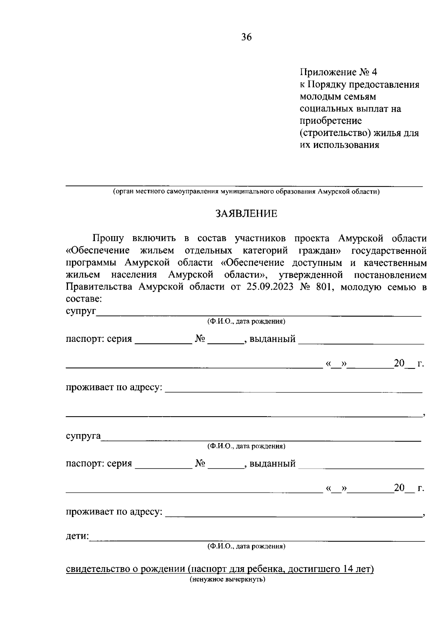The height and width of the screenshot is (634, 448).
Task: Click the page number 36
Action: pos(246,37)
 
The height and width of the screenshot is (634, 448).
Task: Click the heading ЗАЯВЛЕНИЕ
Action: pos(246,214)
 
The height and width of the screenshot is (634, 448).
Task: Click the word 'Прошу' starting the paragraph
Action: pos(108,238)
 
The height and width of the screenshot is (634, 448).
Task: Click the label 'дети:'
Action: pos(77,537)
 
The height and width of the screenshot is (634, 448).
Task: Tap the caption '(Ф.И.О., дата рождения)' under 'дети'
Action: pos(246,546)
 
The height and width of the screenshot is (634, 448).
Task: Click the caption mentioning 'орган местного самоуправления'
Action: pos(246,192)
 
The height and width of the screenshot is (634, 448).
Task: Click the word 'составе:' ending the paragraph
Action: pos(84,299)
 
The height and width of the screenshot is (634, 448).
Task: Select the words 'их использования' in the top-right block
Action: pos(340,145)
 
